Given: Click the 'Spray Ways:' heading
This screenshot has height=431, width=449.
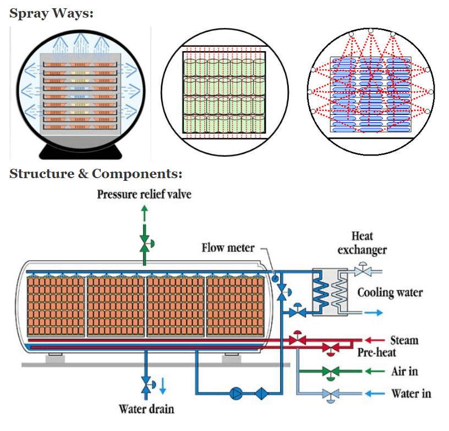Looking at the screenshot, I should tap(51, 14).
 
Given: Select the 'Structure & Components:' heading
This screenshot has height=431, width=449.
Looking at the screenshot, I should tap(96, 174).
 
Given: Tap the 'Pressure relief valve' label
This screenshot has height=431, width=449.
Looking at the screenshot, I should tap(144, 194).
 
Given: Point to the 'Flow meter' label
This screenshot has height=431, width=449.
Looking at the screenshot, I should tap(228, 247).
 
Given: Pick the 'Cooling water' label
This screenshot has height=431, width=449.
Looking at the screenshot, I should tap(390, 292).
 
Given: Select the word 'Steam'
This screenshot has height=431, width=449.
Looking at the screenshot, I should tap(404, 340).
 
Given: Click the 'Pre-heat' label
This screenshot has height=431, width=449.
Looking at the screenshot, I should tap(377, 352).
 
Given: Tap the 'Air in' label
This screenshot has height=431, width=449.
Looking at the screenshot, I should tap(404, 371).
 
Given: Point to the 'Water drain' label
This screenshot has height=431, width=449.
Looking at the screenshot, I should tap(146, 408).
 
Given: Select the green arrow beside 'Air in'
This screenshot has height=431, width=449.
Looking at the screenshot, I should tap(375, 371).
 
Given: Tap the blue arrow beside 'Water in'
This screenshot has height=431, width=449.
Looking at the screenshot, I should tap(375, 393).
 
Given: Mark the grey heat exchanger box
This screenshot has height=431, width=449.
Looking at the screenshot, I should tap(330, 291).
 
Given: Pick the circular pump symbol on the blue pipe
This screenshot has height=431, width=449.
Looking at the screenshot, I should tap(237, 393).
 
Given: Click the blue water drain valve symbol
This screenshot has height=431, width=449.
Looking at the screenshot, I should tap(146, 384).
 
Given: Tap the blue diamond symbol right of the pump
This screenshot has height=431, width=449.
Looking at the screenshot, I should tap(261, 393).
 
